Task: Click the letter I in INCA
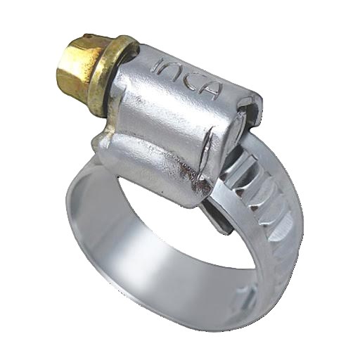[160, 66]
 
